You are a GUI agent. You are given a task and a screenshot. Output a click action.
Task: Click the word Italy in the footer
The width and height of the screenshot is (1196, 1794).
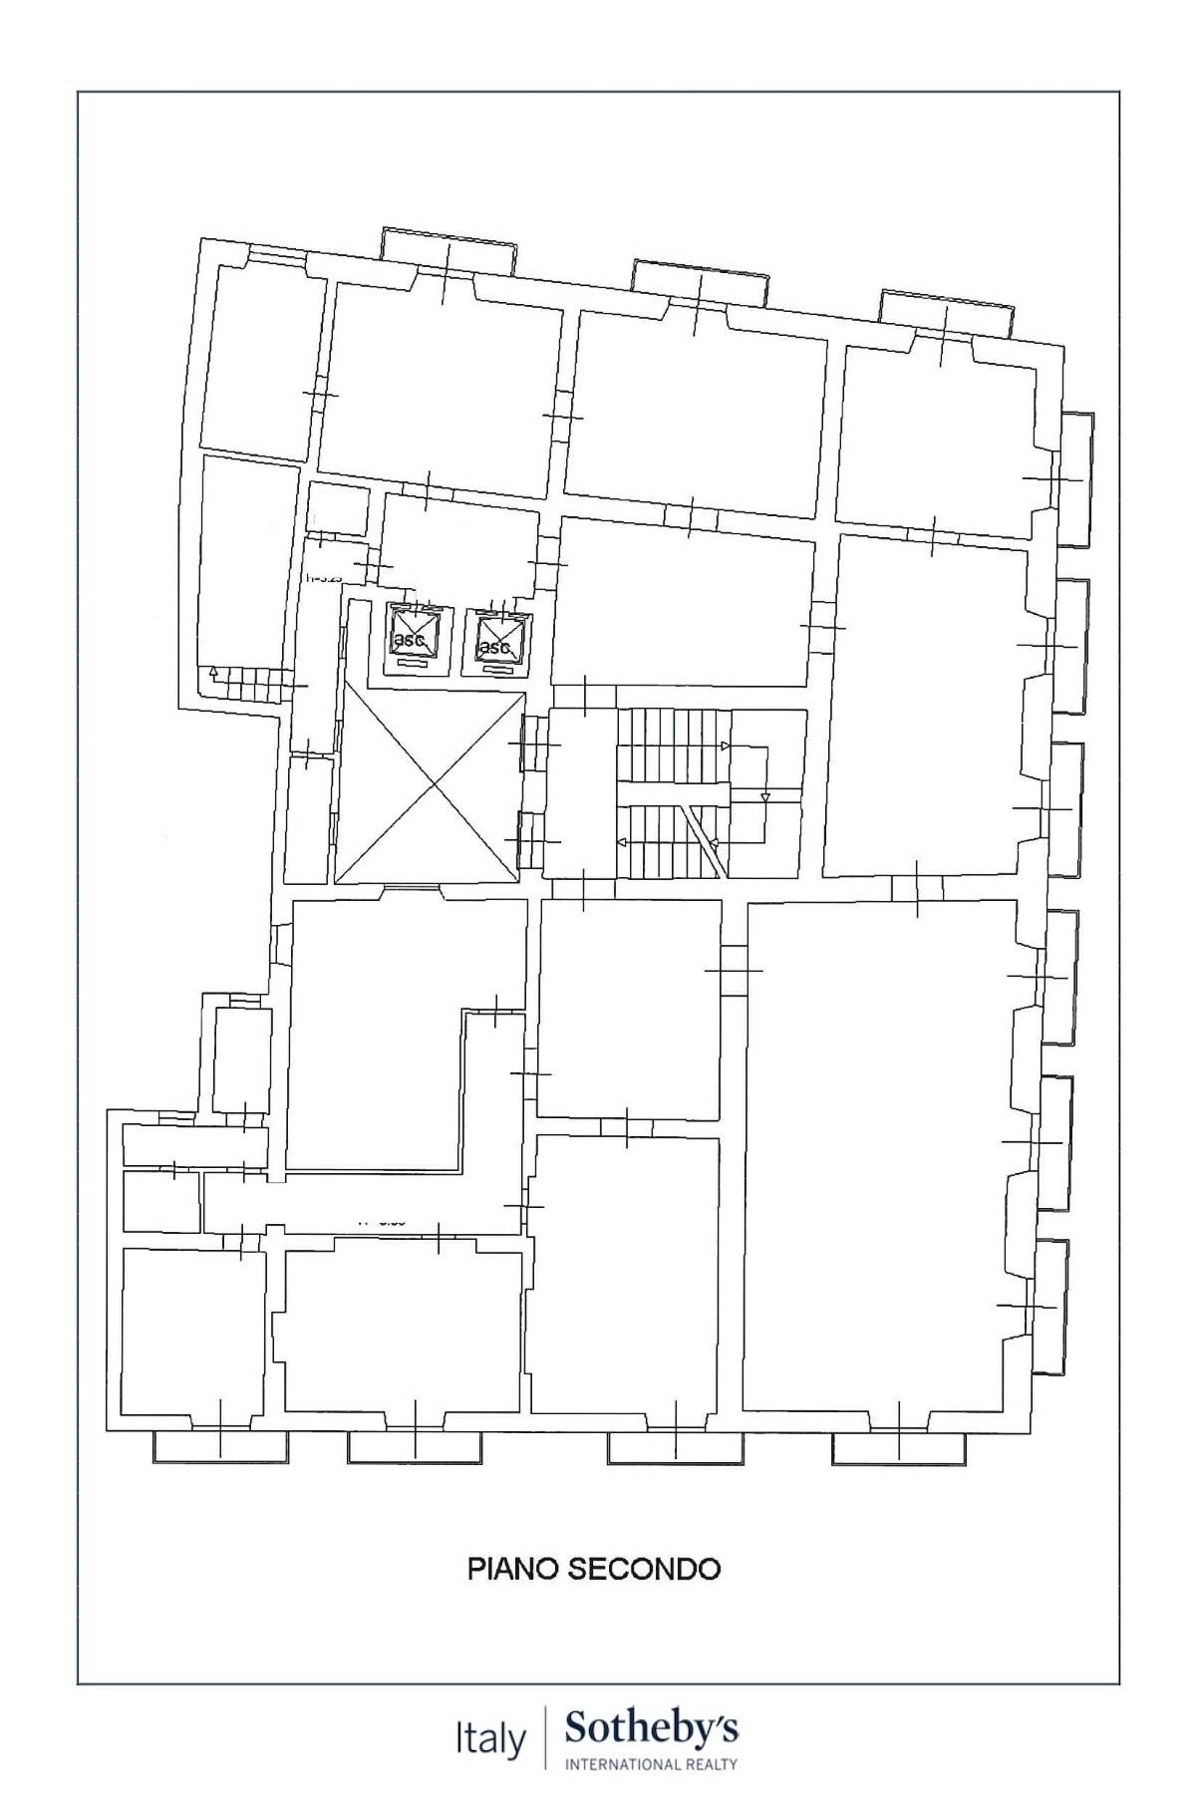coord(490,1740)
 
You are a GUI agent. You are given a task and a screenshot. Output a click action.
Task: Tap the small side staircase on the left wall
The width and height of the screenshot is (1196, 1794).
coord(249,684)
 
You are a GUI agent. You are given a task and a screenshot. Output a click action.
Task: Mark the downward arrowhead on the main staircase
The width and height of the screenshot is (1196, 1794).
coord(764,797)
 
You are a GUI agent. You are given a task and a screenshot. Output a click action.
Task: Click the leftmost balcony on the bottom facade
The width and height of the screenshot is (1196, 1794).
coord(219,1447)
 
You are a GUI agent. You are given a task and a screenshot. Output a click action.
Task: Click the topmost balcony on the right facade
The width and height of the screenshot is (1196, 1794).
coord(1074,479)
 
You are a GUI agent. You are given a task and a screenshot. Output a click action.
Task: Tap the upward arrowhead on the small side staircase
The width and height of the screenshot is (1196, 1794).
coord(213,673)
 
